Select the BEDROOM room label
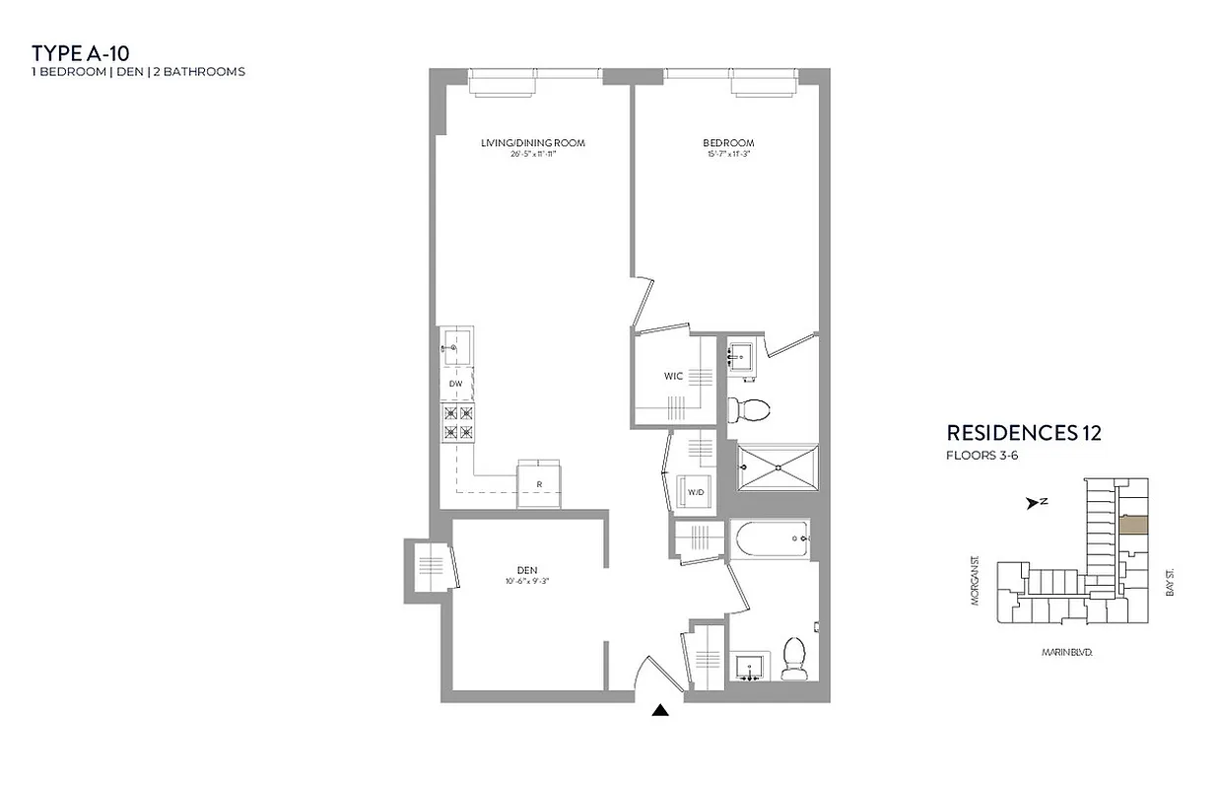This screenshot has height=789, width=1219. (729, 144)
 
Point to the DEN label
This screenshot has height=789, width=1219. (526, 569)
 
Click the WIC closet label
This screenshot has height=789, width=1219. (673, 376)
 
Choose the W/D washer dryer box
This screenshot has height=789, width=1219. (695, 492)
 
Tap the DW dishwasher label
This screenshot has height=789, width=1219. (455, 383)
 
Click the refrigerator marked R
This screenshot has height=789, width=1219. (539, 483)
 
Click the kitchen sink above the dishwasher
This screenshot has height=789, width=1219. (456, 347)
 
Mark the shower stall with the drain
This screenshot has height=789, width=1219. (778, 467)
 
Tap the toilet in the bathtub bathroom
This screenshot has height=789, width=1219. (793, 658)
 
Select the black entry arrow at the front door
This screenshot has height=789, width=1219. (660, 709)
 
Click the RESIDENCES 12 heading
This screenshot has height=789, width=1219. (1023, 433)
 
